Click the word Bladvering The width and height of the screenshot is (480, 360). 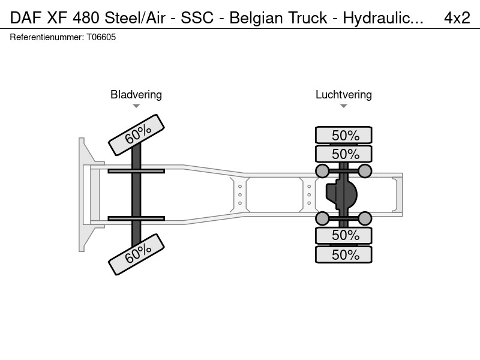pyautogui.click(x=136, y=95)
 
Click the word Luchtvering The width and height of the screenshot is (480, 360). pyautogui.click(x=343, y=95)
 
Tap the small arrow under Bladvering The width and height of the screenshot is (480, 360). pyautogui.click(x=136, y=106)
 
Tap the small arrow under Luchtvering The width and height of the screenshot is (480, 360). pyautogui.click(x=343, y=106)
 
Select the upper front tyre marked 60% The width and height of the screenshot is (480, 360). pyautogui.click(x=137, y=135)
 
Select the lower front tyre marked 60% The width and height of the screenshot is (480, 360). pyautogui.click(x=137, y=254)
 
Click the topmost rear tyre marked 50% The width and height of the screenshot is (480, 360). pyautogui.click(x=343, y=135)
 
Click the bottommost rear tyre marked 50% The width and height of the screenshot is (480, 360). pyautogui.click(x=343, y=254)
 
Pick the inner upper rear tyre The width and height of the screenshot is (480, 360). pyautogui.click(x=343, y=154)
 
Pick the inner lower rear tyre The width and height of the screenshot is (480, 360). pyautogui.click(x=343, y=235)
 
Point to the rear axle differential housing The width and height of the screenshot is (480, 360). pyautogui.click(x=341, y=194)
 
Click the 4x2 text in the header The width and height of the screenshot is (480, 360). pyautogui.click(x=457, y=18)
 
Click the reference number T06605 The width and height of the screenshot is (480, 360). pyautogui.click(x=101, y=37)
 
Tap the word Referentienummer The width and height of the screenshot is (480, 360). pyautogui.click(x=47, y=37)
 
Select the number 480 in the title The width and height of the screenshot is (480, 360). pyautogui.click(x=86, y=18)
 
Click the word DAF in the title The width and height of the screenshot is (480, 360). pyautogui.click(x=26, y=18)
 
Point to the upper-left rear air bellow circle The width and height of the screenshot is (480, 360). pyautogui.click(x=322, y=171)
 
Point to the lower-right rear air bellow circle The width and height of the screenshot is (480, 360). pyautogui.click(x=365, y=218)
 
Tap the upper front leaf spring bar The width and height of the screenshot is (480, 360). pyautogui.click(x=136, y=171)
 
